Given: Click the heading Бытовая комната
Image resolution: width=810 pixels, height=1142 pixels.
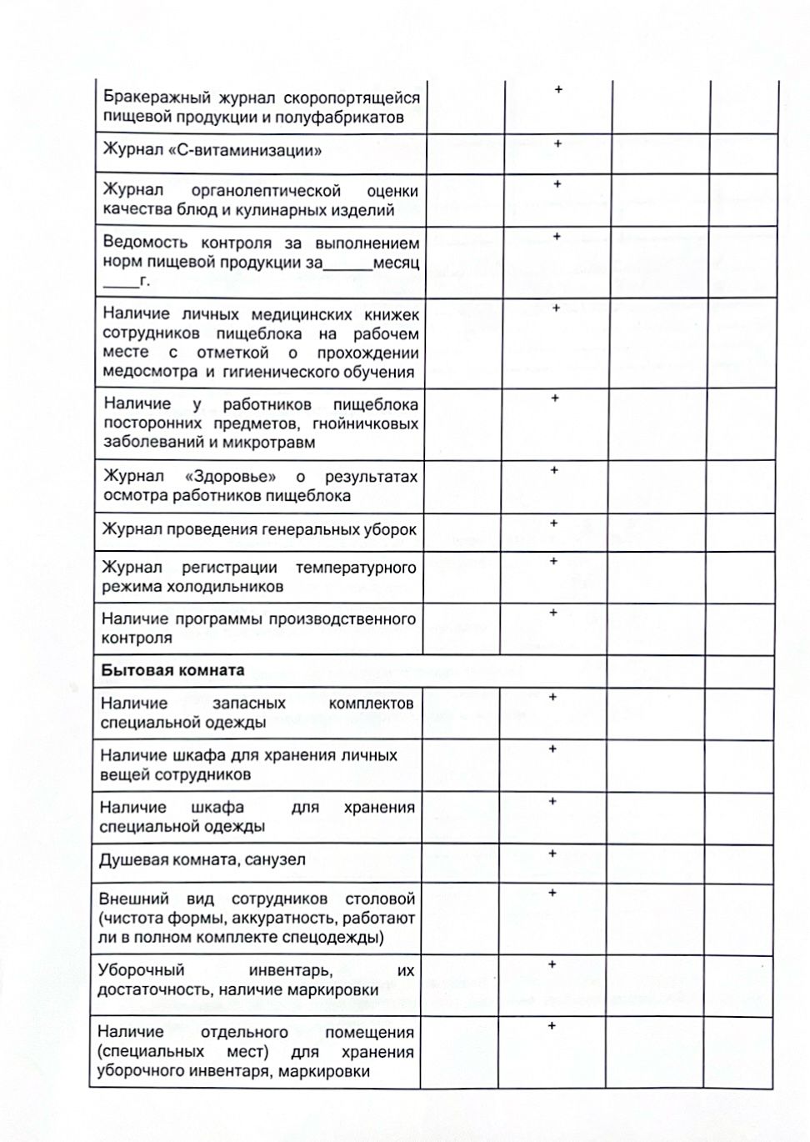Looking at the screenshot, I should coord(172,671).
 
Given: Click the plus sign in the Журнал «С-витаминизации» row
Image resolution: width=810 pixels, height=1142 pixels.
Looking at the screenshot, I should coord(557,143).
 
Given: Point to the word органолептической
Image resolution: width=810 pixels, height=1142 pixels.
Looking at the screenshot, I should coord(266,191).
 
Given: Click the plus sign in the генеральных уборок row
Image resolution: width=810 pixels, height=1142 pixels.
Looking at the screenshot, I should coord(554,523).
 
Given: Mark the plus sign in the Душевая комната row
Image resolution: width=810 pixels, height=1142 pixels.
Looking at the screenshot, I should coord(552,853).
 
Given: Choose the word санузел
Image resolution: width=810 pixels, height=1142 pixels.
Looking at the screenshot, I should coord(276,859).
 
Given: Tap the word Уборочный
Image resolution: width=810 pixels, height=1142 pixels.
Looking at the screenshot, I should coord(141,970).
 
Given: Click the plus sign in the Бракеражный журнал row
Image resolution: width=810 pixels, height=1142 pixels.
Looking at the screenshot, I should coord(558,89).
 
